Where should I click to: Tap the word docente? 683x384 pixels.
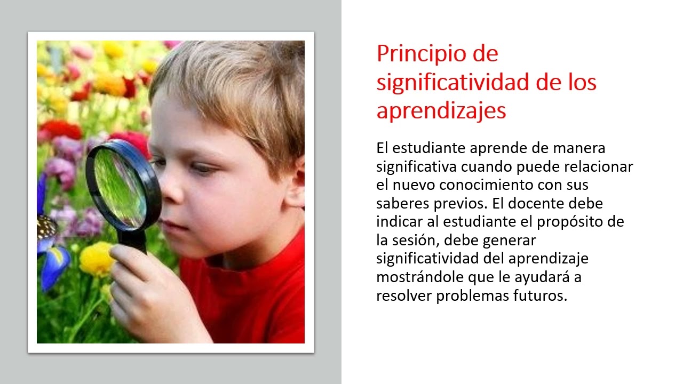pos(543,204)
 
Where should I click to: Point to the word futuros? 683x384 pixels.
pos(547,296)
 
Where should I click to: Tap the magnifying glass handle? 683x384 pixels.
pos(132,242)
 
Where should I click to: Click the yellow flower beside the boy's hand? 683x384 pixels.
pos(97,259)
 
